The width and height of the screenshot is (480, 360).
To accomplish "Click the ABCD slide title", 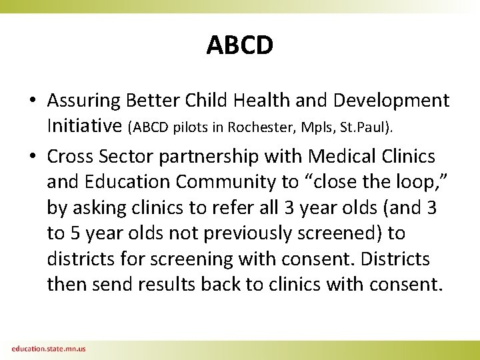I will [x=239, y=45].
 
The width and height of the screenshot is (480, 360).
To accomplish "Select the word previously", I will [x=253, y=233].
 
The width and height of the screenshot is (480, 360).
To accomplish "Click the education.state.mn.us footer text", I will [x=48, y=349].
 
